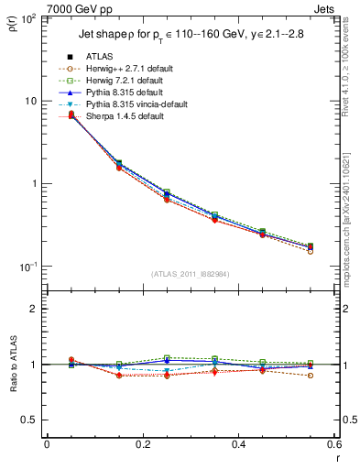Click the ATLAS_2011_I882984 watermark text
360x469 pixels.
(x=191, y=274)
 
